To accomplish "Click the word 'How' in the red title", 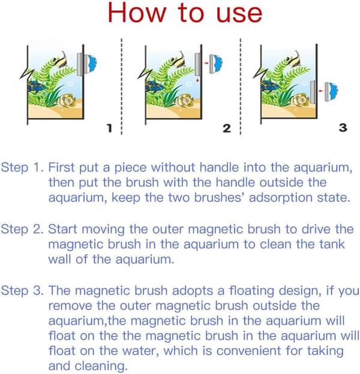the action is (137, 13).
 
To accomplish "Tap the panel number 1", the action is (109, 128).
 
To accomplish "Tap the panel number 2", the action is (227, 128).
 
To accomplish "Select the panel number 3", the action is (343, 128).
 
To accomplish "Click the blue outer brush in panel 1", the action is (92, 64).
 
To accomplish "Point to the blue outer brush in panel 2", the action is (216, 64).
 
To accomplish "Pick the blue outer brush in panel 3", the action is (331, 92).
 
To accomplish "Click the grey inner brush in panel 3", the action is (313, 92).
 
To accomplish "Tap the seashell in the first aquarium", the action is (67, 100).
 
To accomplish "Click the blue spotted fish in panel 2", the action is (154, 86).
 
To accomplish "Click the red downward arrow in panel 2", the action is (197, 80).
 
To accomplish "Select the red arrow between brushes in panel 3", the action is (321, 91).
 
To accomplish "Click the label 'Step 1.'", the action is (22, 167).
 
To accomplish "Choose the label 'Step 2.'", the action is (22, 229).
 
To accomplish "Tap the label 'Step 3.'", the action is (22, 291).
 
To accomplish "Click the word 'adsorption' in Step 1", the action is (281, 198).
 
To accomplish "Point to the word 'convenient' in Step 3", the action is (248, 351).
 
